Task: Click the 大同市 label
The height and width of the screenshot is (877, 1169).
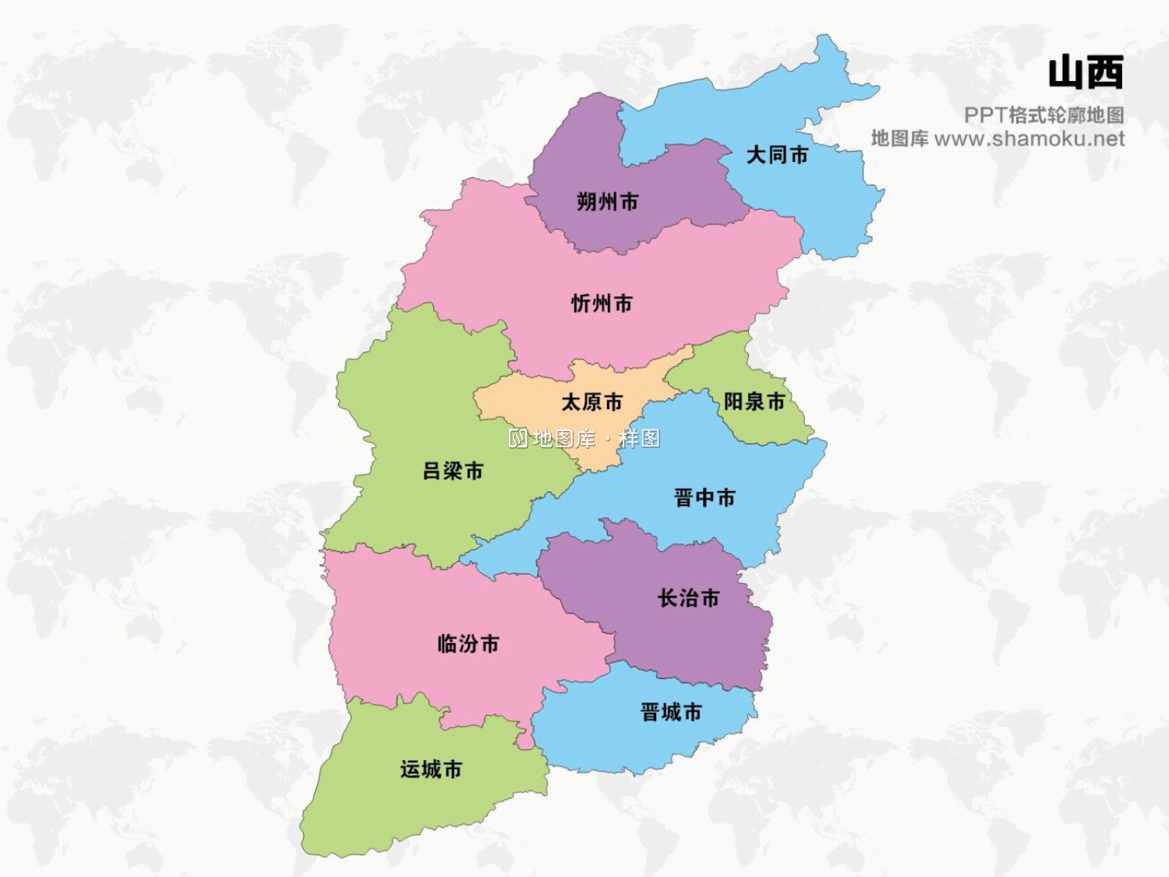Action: point(777,155)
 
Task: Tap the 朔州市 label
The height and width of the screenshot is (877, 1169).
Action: point(607,202)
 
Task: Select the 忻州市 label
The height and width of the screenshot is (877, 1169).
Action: point(602,303)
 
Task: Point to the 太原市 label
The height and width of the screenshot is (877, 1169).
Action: point(592,402)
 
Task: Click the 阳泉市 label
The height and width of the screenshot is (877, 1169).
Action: point(754,401)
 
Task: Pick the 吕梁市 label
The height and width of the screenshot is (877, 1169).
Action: point(453,471)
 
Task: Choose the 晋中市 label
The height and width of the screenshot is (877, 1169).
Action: point(704,497)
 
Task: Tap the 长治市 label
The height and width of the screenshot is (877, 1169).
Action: point(688,599)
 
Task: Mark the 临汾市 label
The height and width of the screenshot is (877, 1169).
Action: point(468,644)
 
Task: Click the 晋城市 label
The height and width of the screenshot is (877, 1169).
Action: point(670,712)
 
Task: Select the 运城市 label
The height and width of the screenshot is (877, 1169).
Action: point(431,769)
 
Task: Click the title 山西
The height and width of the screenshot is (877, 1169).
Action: point(1085,72)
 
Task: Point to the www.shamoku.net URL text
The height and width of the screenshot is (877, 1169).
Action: point(1029,139)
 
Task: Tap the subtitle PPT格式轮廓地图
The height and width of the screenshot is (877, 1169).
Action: point(1044,115)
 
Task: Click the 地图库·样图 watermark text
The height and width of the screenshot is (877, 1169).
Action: point(584,439)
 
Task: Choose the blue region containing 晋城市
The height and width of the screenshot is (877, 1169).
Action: point(623,741)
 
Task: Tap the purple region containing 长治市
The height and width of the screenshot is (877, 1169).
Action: point(701,639)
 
